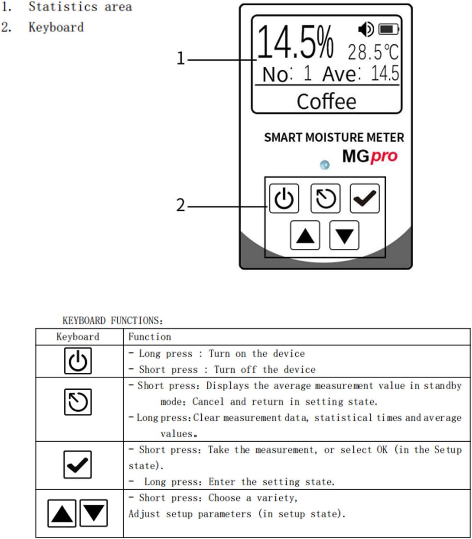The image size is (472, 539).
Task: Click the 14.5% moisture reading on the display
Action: [295, 43]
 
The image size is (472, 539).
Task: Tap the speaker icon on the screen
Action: [366, 29]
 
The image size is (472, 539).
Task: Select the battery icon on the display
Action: [389, 29]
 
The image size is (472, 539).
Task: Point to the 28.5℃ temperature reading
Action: [373, 52]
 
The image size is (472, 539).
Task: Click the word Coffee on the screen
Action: [326, 101]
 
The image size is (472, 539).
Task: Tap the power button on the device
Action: [284, 198]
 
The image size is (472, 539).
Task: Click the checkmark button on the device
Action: [365, 198]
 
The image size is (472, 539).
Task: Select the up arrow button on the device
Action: [305, 236]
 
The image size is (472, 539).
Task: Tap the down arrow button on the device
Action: [344, 236]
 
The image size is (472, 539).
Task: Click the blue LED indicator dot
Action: [325, 165]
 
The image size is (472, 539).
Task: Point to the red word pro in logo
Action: [384, 156]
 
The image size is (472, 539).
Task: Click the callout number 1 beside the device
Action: [181, 58]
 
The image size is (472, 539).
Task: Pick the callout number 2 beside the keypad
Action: [181, 205]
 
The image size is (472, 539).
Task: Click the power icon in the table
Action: [78, 361]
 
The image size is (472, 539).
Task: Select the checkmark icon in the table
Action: [77, 464]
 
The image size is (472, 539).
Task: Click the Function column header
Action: [150, 337]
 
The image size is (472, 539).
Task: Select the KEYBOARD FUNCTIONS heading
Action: [112, 321]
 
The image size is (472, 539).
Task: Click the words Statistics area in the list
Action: [80, 7]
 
